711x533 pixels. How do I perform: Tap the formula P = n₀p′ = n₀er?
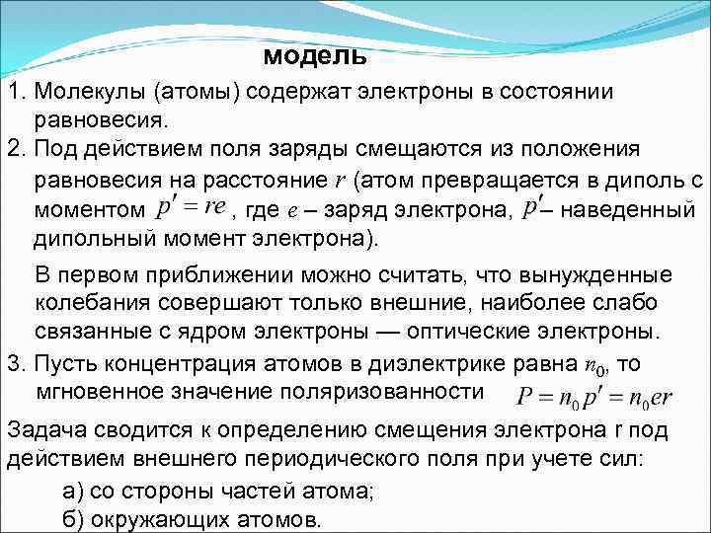(595, 398)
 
